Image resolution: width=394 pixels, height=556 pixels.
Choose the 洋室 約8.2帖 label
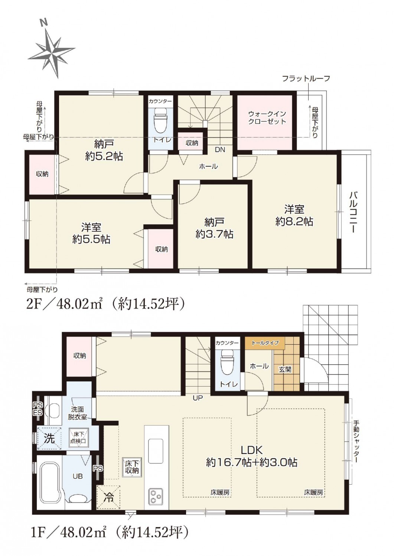[294, 215]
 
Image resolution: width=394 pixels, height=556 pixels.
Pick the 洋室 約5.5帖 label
[91, 234]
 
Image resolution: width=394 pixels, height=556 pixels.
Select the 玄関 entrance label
[285, 370]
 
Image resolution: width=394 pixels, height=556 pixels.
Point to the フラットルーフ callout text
[306, 79]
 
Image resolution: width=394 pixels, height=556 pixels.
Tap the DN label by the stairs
[220, 150]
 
